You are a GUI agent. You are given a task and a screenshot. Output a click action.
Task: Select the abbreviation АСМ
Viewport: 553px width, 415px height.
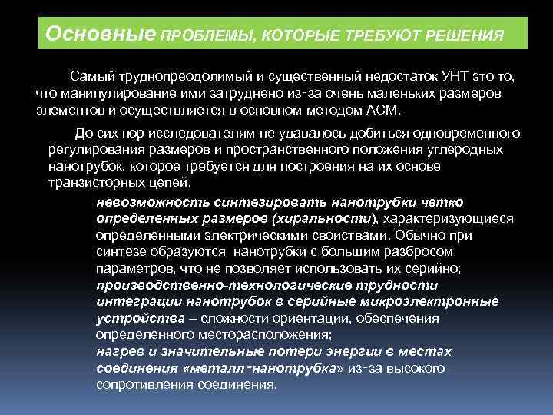[385, 109]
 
